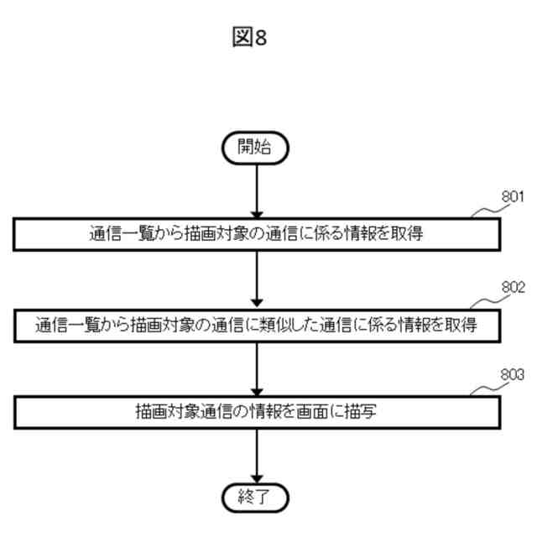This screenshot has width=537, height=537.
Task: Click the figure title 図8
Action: point(248,38)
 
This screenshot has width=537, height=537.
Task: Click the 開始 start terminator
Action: point(254,148)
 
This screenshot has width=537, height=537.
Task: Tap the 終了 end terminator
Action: point(254,498)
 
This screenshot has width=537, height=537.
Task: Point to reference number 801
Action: point(513,198)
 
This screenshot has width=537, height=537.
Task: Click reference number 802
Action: point(513,287)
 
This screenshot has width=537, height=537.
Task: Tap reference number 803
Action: point(513,375)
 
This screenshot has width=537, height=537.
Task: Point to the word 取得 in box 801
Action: point(406,235)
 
